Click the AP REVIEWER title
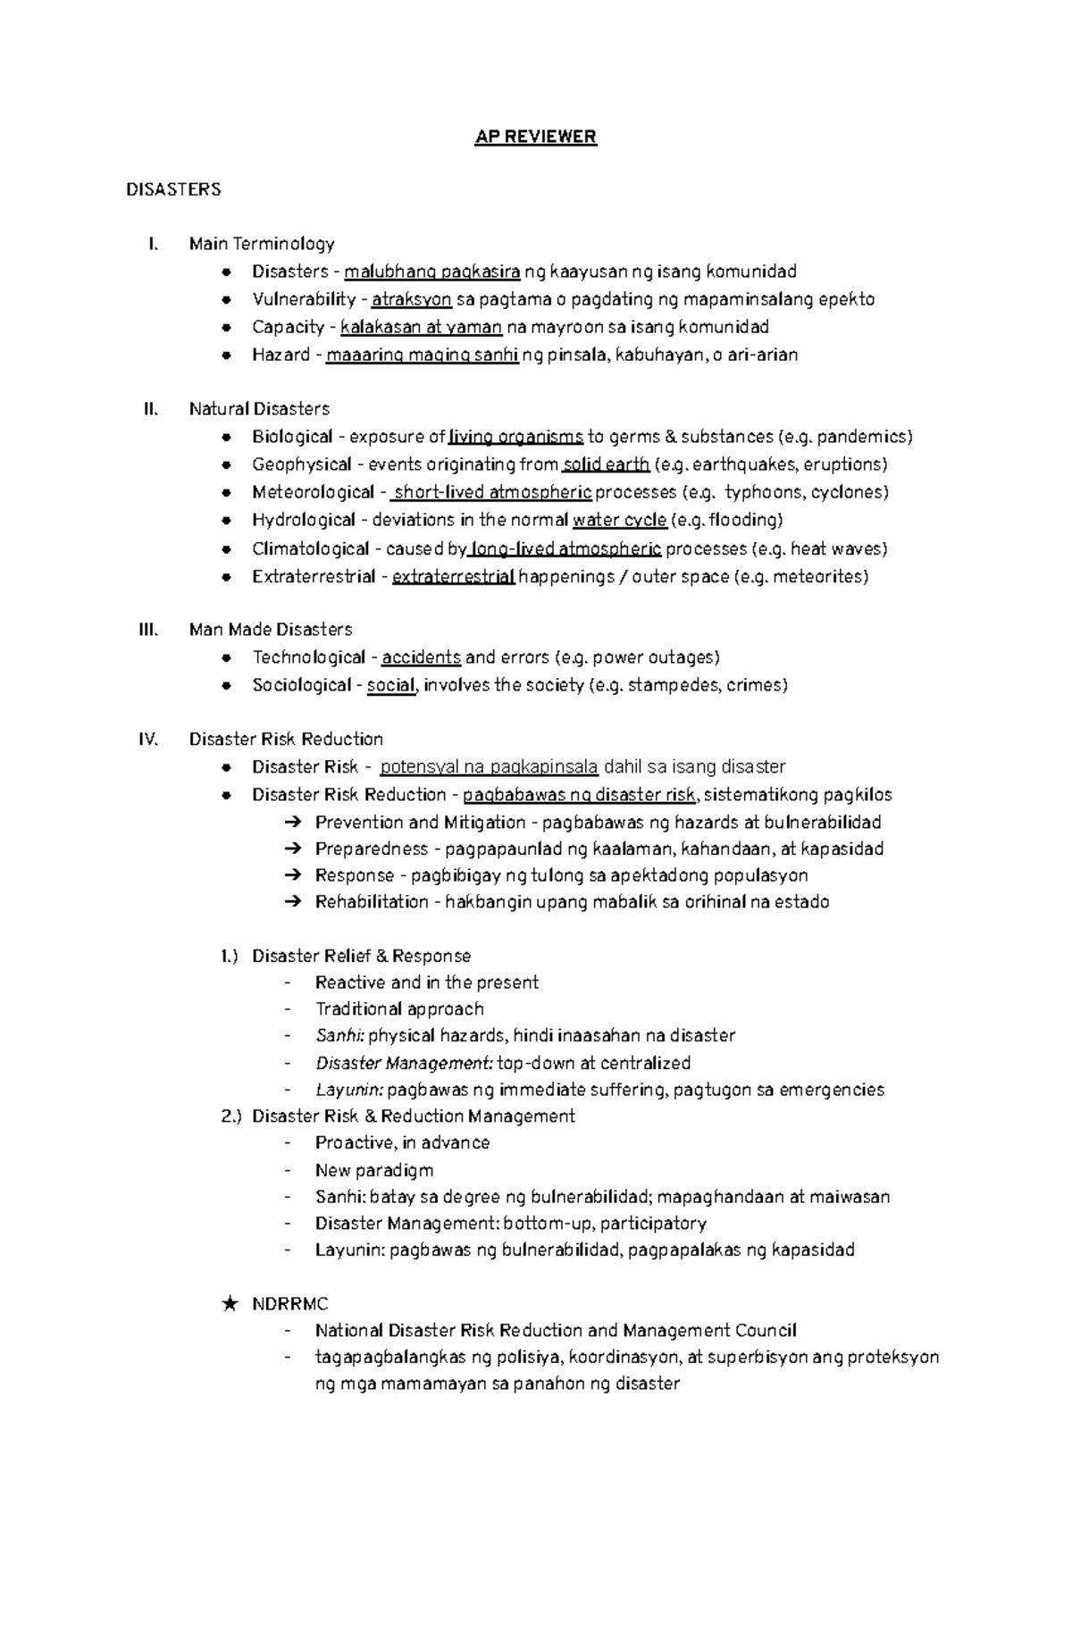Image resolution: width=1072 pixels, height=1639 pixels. coord(534,137)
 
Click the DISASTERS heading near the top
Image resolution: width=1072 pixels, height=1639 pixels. coord(173,189)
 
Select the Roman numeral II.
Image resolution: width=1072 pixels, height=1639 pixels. coord(150,409)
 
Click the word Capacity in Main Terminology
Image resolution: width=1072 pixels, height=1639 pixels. coord(288,327)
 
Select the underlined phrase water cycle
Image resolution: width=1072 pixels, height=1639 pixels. coord(619,520)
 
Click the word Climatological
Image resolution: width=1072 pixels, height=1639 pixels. coord(310,548)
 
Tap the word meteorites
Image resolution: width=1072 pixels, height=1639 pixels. coord(818,576)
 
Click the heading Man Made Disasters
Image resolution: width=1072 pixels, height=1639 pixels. coord(271,630)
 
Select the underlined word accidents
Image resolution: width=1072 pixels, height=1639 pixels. coord(421,657)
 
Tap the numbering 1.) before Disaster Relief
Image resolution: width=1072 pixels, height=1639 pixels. coord(230,956)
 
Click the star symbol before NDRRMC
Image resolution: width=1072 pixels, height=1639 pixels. coord(230,1304)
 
